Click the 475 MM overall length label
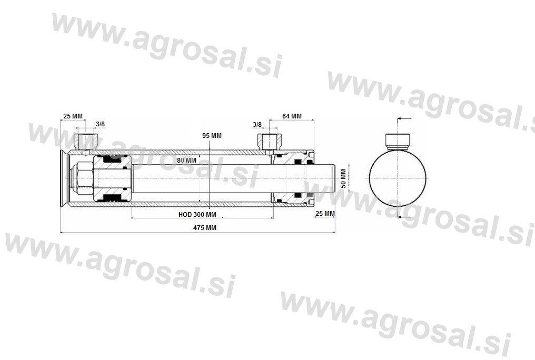[205, 228]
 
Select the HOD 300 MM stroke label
[197, 215]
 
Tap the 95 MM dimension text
[212, 136]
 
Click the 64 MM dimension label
[292, 116]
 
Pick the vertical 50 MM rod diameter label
[343, 178]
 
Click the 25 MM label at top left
[73, 116]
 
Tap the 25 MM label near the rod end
[325, 214]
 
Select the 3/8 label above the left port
[100, 124]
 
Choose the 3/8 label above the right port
[257, 124]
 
